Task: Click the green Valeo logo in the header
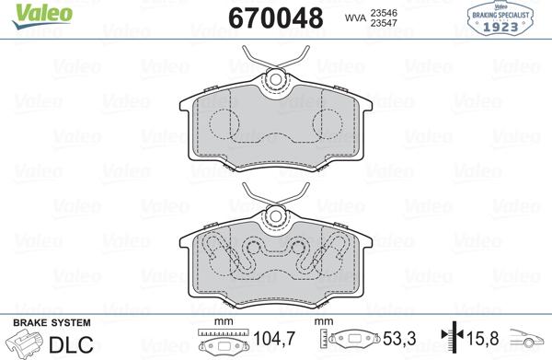[42, 16]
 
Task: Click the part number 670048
[276, 18]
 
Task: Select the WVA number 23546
[384, 13]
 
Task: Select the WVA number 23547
[384, 23]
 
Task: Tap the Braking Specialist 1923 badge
[500, 18]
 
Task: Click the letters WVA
[355, 18]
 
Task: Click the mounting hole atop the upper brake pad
[276, 79]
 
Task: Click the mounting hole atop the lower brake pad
[276, 216]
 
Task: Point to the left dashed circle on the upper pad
[224, 124]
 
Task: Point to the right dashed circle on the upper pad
[328, 124]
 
